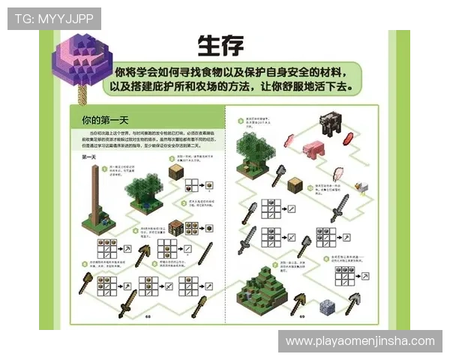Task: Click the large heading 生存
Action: [220, 45]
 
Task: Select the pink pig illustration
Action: [312, 148]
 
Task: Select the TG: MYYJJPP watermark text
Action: [54, 18]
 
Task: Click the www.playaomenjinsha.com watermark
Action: [360, 341]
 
